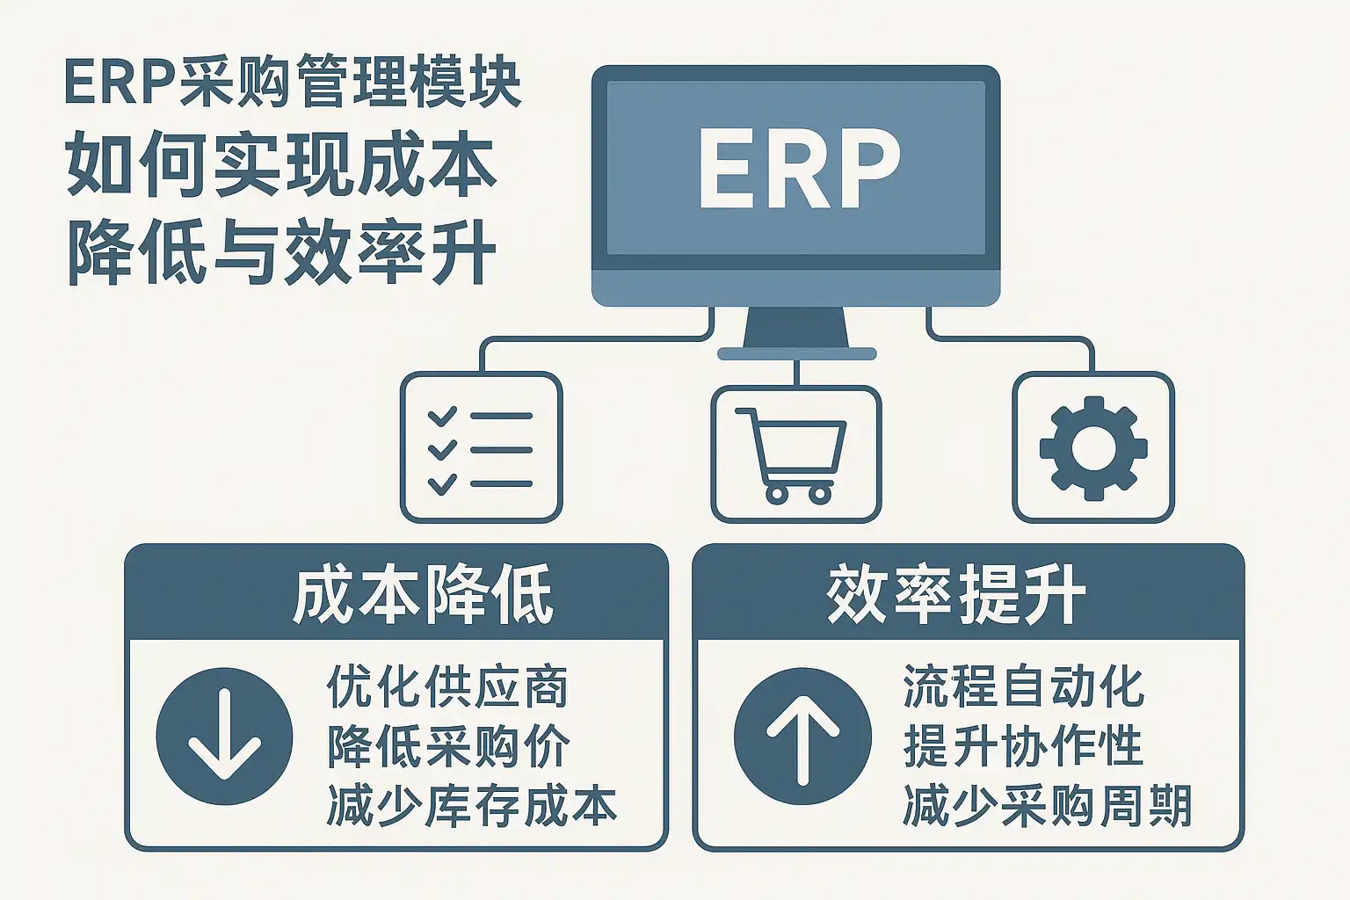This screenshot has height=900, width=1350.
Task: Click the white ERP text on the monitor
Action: coord(799,168)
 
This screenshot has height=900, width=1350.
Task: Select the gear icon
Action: coord(1093,448)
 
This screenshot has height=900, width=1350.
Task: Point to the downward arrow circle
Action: coord(224,736)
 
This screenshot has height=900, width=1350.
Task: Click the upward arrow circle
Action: coord(802,736)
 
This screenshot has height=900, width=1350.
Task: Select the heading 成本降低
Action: coord(423,594)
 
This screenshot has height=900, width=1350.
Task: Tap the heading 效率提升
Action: coord(956,594)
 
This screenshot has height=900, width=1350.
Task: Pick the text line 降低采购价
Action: coord(448,746)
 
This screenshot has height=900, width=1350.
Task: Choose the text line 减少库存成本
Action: coord(472,805)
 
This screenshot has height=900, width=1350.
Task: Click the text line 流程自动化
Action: coord(1024,686)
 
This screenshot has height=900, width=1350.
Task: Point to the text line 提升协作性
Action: coord(1023,745)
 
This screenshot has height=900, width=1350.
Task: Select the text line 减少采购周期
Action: coord(1048,805)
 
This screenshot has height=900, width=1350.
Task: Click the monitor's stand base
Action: coord(797,354)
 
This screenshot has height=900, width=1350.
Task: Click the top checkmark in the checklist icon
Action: coord(442,416)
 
